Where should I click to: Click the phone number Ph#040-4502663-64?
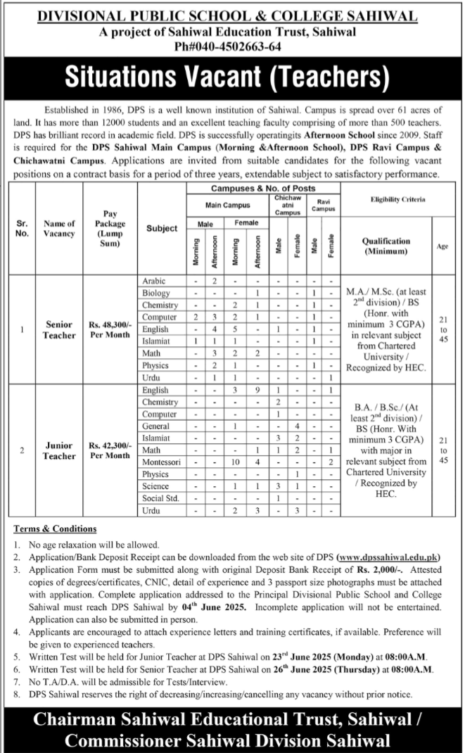(231, 46)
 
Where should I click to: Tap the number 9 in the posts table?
(258, 390)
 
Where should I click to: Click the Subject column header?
(162, 228)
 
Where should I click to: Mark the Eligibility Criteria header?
(397, 200)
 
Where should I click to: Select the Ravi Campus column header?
(323, 205)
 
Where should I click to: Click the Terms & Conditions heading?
(55, 529)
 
